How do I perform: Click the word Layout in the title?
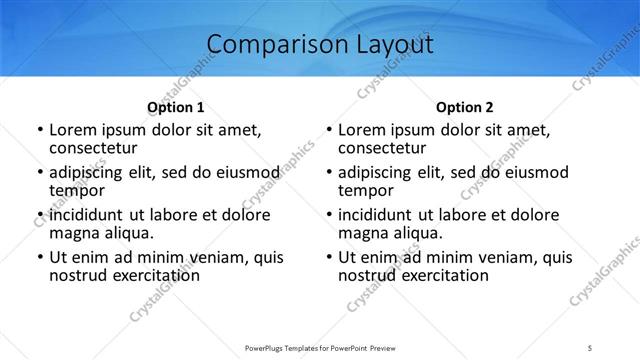[x=390, y=44]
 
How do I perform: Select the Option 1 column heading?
[x=175, y=106]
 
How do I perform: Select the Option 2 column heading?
[x=465, y=106]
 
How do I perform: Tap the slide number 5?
[x=592, y=348]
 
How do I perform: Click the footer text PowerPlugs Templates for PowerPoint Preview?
[x=319, y=348]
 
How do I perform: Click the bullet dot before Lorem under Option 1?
[x=39, y=131]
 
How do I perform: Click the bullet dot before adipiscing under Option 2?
[x=328, y=173]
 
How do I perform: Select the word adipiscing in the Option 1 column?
[x=90, y=172]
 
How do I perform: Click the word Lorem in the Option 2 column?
[x=361, y=130]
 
